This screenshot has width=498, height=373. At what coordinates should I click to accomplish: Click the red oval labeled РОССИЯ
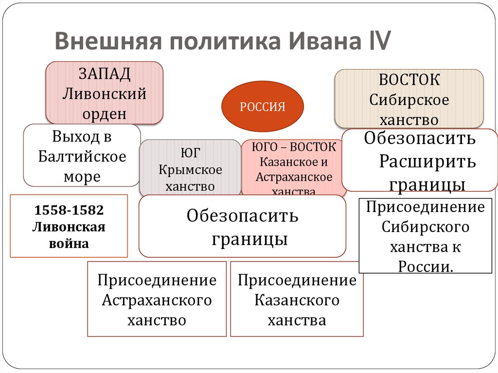click(263, 107)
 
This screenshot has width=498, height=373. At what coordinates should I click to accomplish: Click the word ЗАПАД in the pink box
click(104, 75)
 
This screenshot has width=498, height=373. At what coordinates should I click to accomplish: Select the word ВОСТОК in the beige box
click(409, 80)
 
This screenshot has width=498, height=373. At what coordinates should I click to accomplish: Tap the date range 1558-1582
click(69, 211)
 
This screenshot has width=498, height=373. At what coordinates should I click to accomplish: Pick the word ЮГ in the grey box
click(190, 153)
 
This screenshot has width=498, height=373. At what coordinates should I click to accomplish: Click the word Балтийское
click(82, 157)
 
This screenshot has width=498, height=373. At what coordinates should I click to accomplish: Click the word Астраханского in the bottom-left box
click(157, 300)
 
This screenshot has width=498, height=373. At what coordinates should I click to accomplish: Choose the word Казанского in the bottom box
click(297, 300)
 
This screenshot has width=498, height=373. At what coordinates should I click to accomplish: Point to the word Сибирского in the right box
click(426, 227)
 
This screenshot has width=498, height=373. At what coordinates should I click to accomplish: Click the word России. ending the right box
click(426, 266)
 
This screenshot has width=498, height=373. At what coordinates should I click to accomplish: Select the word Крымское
click(190, 170)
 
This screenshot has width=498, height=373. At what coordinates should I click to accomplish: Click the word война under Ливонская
click(69, 243)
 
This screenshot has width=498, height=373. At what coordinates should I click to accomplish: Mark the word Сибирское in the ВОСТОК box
click(409, 100)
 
